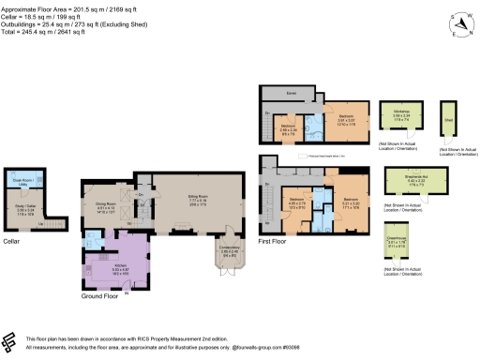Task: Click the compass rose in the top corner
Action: tap(457, 22)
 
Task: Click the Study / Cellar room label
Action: tap(26, 210)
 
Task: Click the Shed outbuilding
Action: tap(448, 120)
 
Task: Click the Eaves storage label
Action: tap(292, 94)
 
